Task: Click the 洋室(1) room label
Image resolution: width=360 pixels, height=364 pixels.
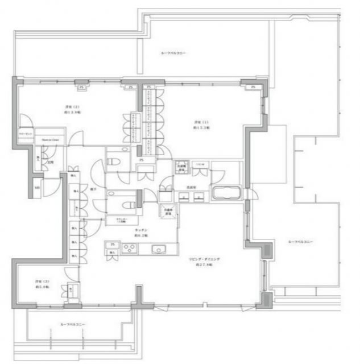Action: (201, 125)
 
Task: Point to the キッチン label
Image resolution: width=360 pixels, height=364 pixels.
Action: (141, 231)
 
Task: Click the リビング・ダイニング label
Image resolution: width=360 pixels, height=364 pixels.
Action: (205, 262)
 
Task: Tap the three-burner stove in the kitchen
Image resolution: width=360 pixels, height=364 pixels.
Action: (130, 248)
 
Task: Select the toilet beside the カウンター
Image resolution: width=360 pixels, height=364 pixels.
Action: (135, 200)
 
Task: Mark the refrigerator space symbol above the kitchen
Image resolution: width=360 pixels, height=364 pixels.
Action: (167, 211)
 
